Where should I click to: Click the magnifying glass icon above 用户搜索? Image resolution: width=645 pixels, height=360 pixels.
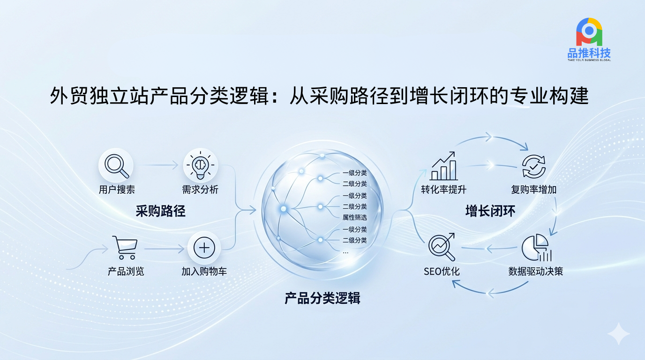(x=116, y=166)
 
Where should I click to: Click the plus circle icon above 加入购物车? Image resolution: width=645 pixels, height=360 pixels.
(x=204, y=248)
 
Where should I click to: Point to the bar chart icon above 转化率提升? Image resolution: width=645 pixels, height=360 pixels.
(x=443, y=166)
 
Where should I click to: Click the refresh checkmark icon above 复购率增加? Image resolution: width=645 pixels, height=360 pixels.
(x=533, y=166)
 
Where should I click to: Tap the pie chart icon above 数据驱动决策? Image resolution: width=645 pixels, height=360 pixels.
(x=536, y=247)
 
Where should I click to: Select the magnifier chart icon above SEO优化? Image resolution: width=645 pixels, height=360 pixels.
(x=442, y=247)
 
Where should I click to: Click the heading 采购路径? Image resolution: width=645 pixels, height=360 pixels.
(x=160, y=211)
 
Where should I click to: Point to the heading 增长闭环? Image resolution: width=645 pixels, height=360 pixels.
(x=490, y=211)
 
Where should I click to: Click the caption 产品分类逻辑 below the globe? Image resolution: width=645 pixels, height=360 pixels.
(x=322, y=299)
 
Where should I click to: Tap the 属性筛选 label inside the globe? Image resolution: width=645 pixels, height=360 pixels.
(x=354, y=217)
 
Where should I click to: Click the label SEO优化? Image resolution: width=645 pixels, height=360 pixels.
(x=442, y=271)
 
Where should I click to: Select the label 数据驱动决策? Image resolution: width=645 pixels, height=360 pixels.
(x=535, y=271)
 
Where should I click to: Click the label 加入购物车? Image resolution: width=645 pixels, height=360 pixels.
(x=204, y=271)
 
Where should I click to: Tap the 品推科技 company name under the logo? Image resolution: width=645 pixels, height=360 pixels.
(x=589, y=53)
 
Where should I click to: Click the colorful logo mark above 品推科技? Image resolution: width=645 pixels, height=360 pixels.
(x=589, y=32)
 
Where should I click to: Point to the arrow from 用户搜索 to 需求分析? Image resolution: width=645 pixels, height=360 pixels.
(x=158, y=165)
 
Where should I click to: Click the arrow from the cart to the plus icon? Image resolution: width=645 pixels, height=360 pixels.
(x=165, y=248)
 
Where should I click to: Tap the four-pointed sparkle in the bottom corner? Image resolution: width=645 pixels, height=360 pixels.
(x=619, y=334)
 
